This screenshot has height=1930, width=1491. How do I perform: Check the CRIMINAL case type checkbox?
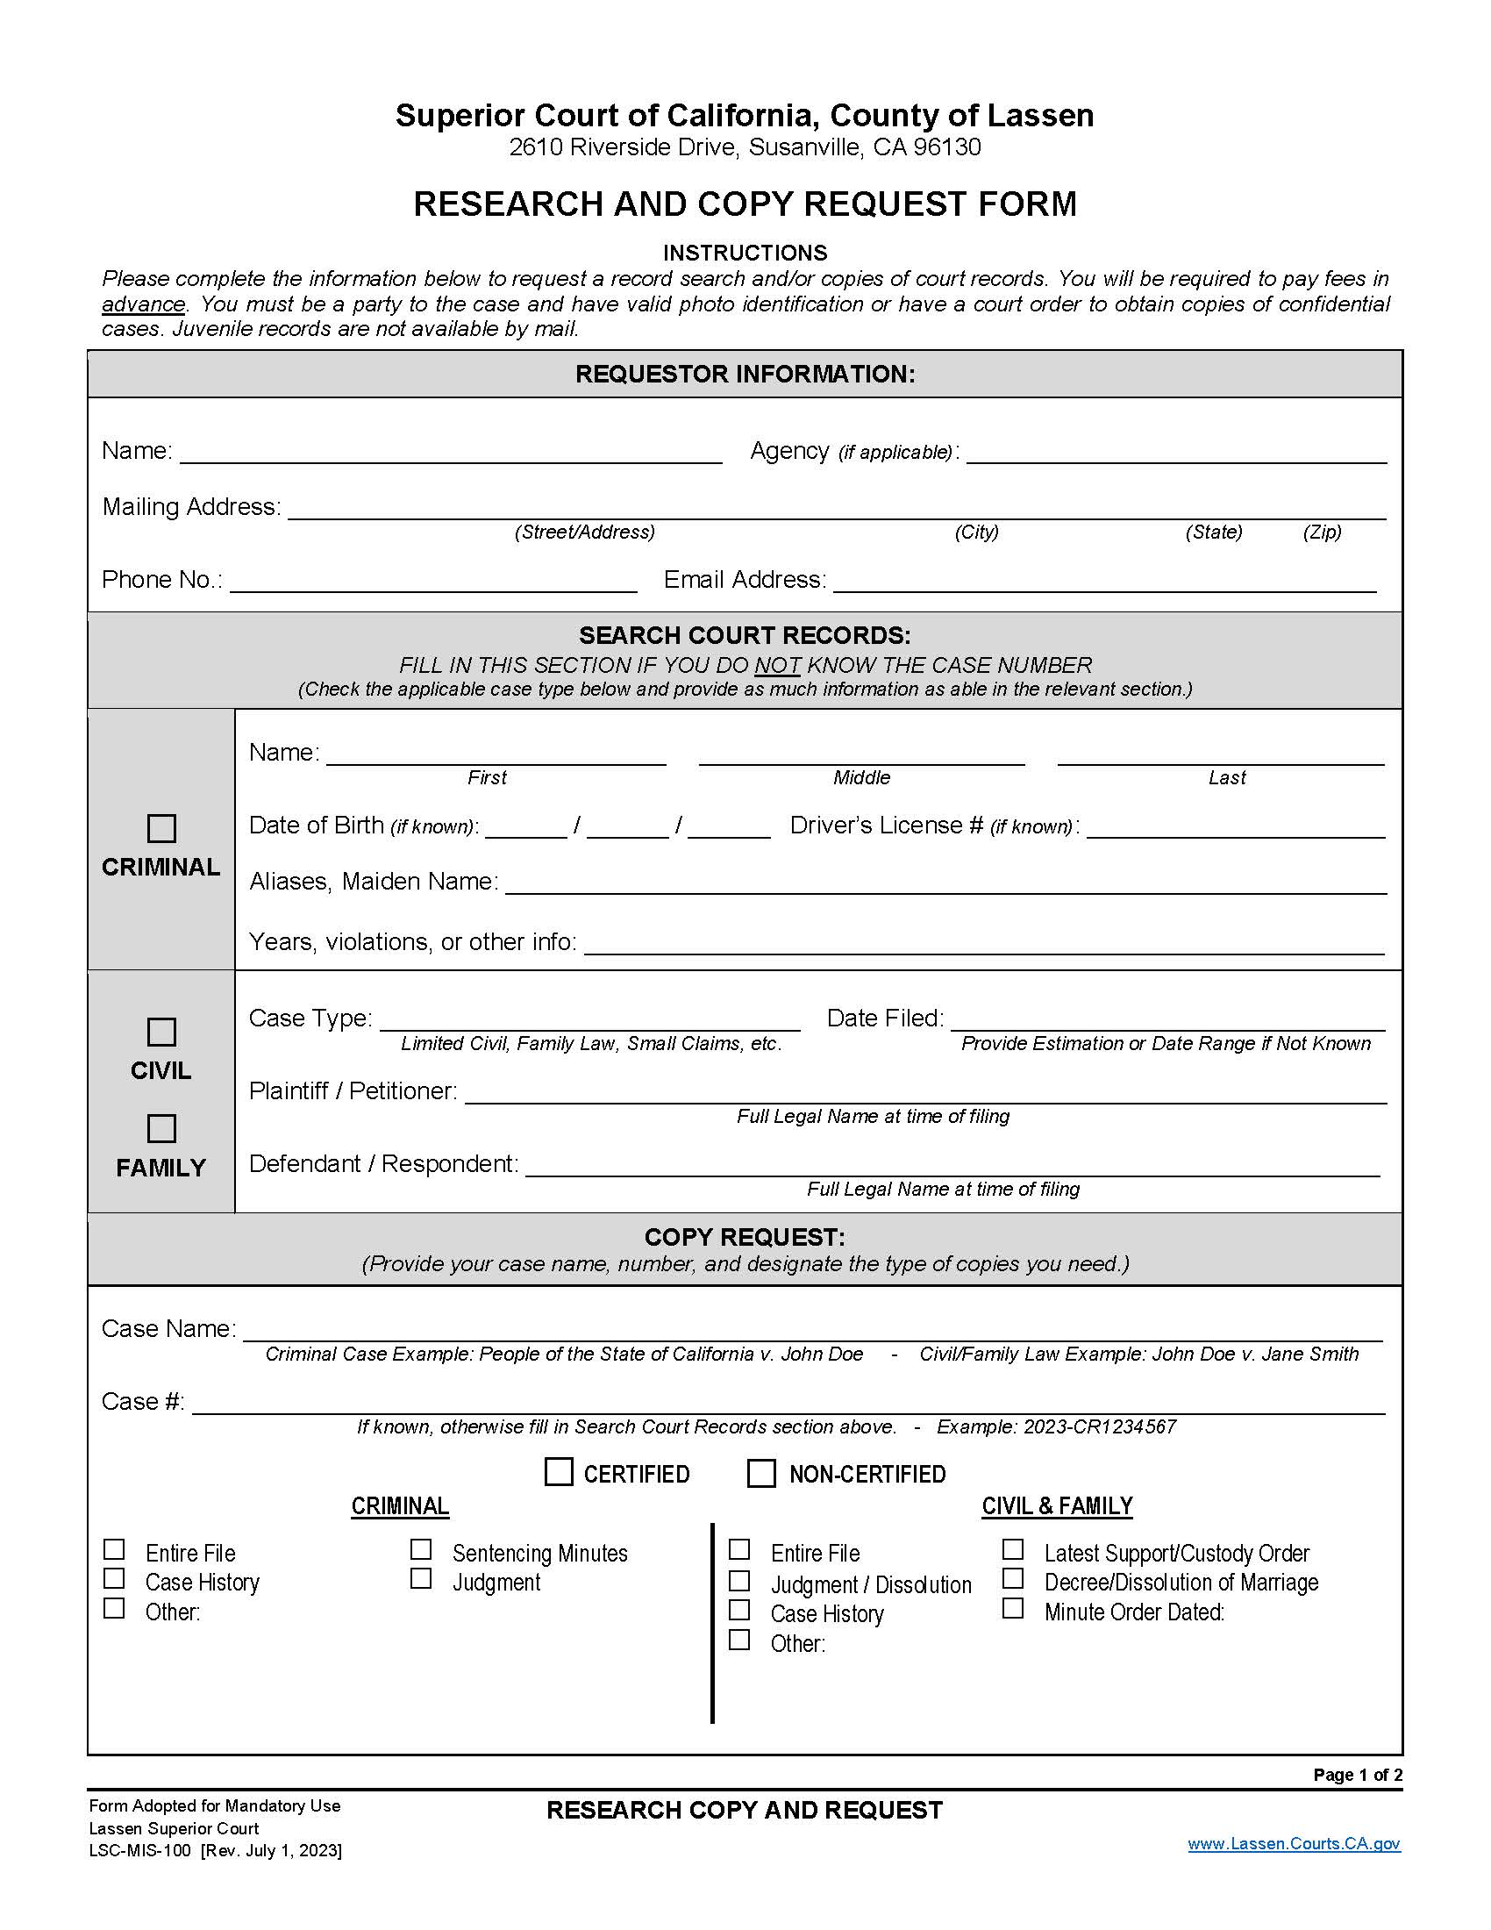161,828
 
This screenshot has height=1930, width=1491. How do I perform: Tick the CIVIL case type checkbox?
161,1032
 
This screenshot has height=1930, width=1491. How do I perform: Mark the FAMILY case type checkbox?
161,1128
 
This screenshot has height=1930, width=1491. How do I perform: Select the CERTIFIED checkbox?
558,1472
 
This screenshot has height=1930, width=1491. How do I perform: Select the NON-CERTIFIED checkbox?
760,1473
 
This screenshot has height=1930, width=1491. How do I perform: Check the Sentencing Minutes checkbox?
420,1550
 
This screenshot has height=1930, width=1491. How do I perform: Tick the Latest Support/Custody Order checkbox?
1012,1550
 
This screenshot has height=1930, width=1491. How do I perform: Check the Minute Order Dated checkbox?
1012,1608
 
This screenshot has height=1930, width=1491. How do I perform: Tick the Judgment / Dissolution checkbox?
739,1580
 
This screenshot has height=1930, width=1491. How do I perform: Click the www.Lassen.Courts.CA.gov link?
1293,1843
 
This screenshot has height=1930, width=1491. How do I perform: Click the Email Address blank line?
1104,582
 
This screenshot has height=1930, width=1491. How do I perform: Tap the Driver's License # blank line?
1235,827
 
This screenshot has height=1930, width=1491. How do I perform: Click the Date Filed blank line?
1167,1019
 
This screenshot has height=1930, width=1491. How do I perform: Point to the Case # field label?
142,1402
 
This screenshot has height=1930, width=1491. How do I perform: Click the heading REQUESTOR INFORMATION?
745,374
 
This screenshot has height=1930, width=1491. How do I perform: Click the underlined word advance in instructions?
143,304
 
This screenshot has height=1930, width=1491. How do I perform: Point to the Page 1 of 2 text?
1357,1776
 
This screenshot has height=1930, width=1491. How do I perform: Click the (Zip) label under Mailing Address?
1322,532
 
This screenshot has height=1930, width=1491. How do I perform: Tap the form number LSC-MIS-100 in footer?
139,1850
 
